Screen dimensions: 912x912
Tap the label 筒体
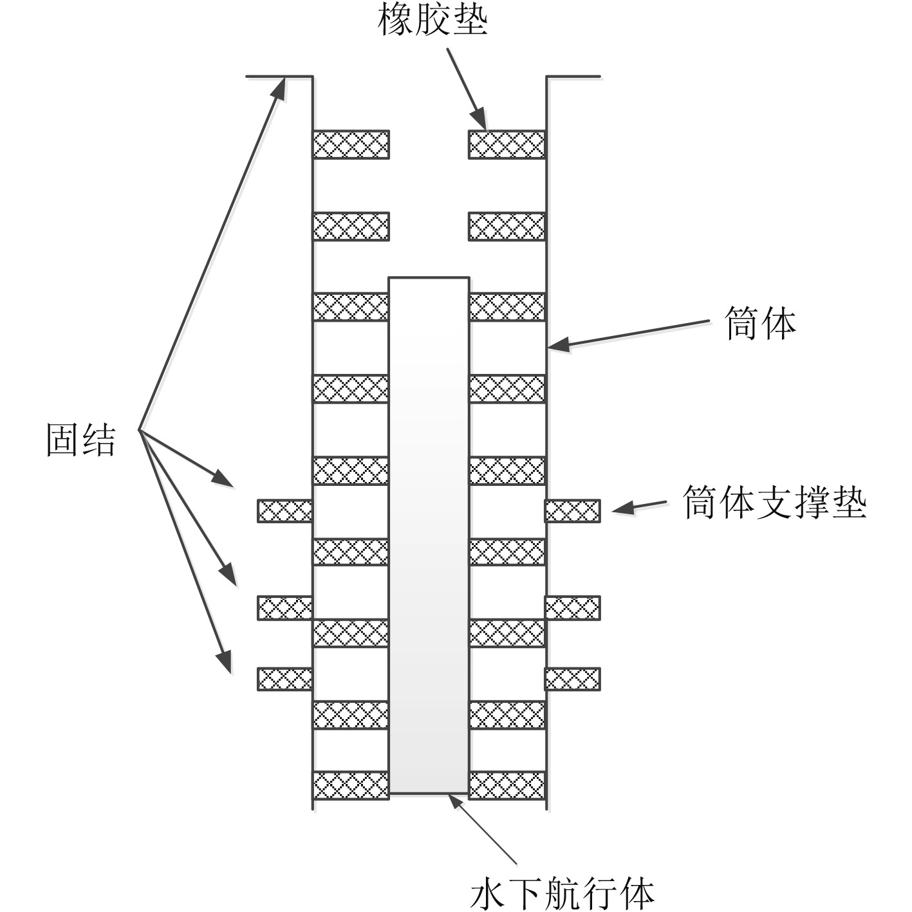(760, 323)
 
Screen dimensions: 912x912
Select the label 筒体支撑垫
(774, 502)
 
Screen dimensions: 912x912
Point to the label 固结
(81, 440)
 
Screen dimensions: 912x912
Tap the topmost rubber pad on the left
(351, 144)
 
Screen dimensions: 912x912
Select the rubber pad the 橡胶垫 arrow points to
(507, 144)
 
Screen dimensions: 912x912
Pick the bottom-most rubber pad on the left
(351, 785)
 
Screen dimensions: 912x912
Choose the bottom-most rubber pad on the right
(507, 785)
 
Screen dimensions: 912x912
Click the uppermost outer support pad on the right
(572, 510)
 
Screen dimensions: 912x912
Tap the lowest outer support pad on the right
(572, 679)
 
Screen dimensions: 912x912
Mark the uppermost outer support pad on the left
(285, 510)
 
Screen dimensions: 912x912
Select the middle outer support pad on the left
(285, 608)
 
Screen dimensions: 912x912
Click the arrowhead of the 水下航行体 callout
(455, 800)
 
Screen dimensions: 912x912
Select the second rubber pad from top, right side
(507, 227)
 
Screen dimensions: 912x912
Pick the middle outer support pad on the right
(572, 608)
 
